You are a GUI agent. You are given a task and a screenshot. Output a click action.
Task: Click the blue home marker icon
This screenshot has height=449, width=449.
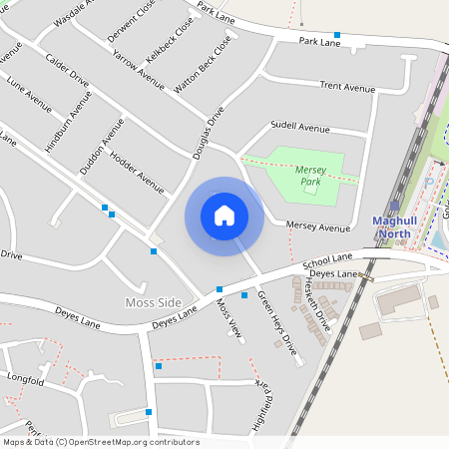224,216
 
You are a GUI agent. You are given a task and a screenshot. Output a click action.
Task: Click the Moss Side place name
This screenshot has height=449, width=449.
153,302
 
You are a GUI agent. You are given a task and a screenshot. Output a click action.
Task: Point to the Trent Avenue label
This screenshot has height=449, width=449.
347,87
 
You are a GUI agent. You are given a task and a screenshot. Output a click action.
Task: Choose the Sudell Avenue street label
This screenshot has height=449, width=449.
299,129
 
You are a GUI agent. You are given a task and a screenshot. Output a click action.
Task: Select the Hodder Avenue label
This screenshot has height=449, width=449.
137,173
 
